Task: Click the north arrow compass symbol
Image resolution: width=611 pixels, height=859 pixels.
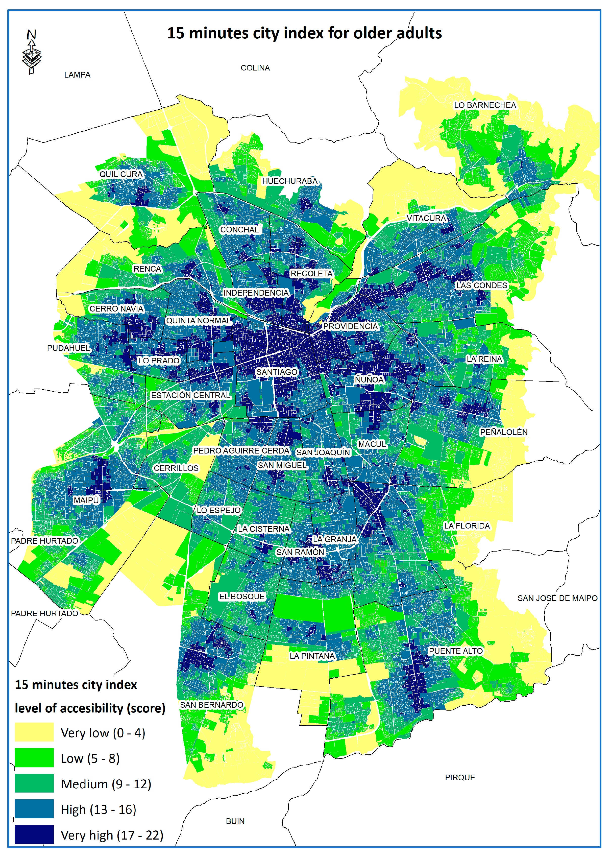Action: pos(32,53)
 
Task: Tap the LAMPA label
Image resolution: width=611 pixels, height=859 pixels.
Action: pos(77,75)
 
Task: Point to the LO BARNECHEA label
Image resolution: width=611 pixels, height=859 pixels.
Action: pos(485,105)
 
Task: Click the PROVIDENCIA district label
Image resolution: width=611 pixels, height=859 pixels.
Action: pos(350,326)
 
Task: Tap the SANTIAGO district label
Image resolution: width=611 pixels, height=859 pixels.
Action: pos(277,372)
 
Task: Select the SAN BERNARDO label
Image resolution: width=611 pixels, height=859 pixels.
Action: pos(211,705)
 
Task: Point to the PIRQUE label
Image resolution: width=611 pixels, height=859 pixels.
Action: pos(460,777)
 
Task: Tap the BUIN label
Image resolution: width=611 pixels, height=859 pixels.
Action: pos(235,821)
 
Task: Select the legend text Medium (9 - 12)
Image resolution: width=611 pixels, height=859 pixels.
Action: pos(106,784)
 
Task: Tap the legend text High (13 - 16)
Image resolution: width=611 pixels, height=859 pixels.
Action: pos(98,809)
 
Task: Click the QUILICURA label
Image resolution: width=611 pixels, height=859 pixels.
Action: pos(121,174)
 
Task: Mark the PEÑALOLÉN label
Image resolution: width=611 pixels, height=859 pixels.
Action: pos(503,432)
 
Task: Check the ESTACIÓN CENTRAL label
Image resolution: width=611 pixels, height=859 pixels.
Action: pos(190,395)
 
